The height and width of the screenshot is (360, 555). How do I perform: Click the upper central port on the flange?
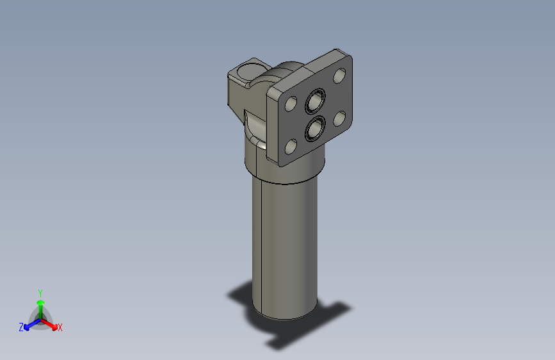click(x=316, y=101)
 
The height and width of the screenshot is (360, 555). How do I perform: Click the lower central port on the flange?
click(x=314, y=129)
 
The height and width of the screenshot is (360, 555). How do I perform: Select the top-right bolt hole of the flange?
click(x=339, y=76)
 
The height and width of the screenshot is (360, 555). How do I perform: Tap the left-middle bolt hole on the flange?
click(x=291, y=104)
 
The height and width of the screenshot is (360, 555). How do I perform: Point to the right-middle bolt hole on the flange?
click(x=339, y=119)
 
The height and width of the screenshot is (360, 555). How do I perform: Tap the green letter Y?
click(x=40, y=291)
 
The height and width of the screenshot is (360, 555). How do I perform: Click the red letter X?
click(x=60, y=328)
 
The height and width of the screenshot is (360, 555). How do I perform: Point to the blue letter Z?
click(x=21, y=327)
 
